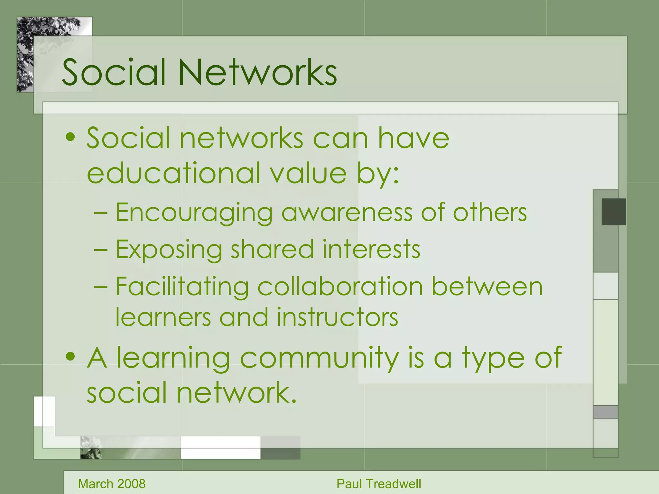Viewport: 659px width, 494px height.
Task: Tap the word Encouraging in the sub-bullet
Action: coord(194,213)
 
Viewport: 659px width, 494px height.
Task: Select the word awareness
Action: coord(347,213)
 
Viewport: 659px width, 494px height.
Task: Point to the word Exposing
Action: coord(169,250)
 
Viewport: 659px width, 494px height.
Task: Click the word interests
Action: coord(371,250)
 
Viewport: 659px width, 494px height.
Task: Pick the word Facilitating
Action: coord(182,287)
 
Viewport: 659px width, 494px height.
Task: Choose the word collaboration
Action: coord(340,287)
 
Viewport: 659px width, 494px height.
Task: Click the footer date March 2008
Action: coord(112,484)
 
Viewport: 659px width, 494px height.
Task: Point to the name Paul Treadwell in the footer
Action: coord(379,484)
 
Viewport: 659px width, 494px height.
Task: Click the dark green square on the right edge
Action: coord(614,212)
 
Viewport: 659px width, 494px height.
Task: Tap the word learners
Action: coord(163,317)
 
